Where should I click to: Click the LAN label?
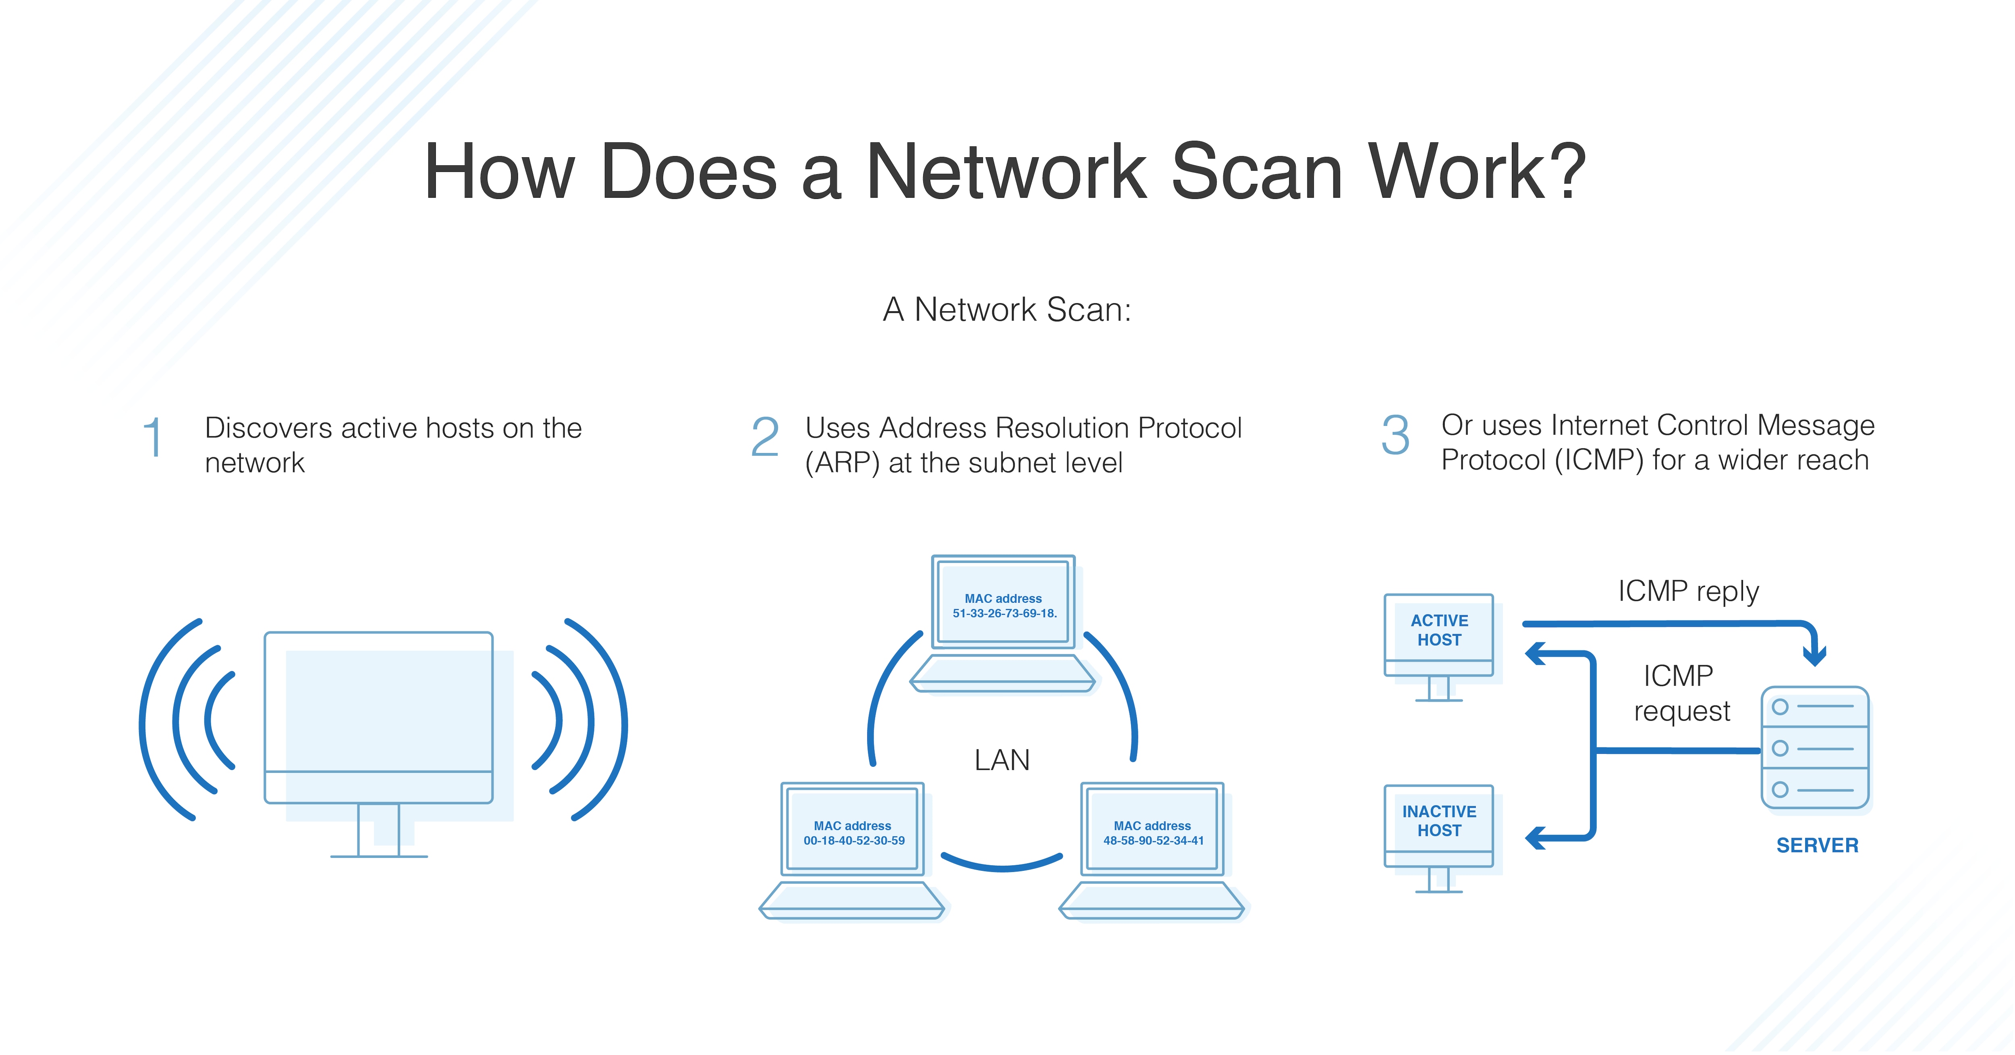(x=1002, y=760)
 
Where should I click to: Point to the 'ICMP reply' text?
(x=1688, y=591)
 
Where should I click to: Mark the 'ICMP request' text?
(x=1681, y=693)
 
